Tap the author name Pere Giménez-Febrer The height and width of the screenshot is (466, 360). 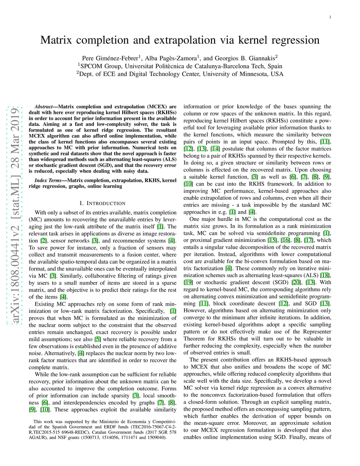click(x=110, y=58)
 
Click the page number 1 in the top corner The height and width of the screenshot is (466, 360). click(x=330, y=17)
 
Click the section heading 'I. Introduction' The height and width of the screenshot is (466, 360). click(x=102, y=203)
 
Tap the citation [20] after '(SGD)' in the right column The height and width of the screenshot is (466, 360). click(x=296, y=282)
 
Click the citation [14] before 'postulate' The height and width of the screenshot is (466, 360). click(x=215, y=149)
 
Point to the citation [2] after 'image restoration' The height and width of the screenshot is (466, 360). click(x=44, y=241)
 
